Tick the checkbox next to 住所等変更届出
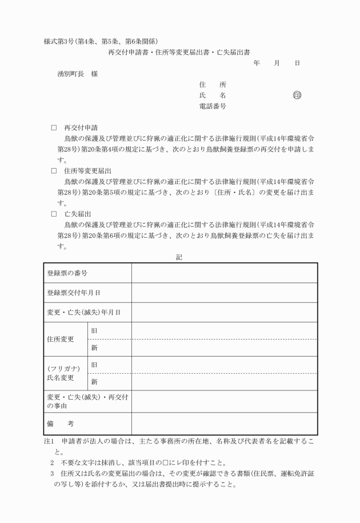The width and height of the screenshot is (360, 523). [54, 170]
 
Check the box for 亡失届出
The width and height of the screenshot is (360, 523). [54, 213]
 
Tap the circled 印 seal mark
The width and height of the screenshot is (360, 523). [297, 95]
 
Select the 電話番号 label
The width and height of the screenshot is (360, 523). [212, 106]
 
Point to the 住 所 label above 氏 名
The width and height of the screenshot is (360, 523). [212, 85]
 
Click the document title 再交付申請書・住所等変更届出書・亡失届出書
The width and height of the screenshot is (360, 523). [179, 52]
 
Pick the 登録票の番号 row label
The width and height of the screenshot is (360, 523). [67, 273]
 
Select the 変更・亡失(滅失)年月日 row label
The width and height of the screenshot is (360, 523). [83, 312]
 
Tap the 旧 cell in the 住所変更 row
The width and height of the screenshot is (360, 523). [94, 330]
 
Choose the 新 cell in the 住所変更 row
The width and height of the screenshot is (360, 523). [94, 348]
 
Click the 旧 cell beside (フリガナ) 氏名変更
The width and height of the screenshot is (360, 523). [94, 364]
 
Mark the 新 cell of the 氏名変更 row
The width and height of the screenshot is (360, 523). [94, 381]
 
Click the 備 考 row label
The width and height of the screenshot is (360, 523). [61, 424]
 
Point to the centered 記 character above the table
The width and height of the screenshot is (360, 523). [179, 257]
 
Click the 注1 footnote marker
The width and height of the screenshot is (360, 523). [48, 442]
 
